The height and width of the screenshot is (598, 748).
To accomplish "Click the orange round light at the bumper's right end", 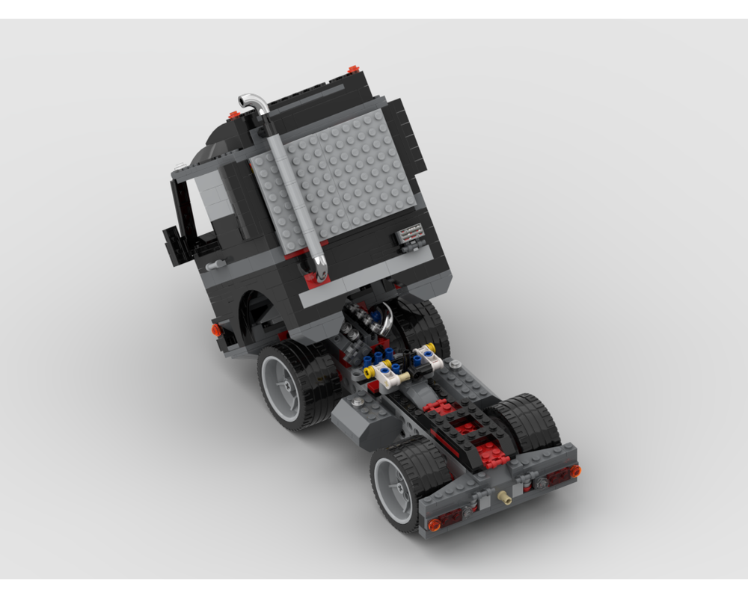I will pyautogui.click(x=574, y=471).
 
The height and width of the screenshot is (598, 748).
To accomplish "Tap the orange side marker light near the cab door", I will pyautogui.click(x=216, y=329).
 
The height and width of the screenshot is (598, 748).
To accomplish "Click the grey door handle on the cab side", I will pyautogui.click(x=216, y=265).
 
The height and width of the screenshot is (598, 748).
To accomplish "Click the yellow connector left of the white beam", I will pyautogui.click(x=368, y=370).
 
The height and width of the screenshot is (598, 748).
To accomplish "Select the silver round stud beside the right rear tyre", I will pyautogui.click(x=454, y=364).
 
